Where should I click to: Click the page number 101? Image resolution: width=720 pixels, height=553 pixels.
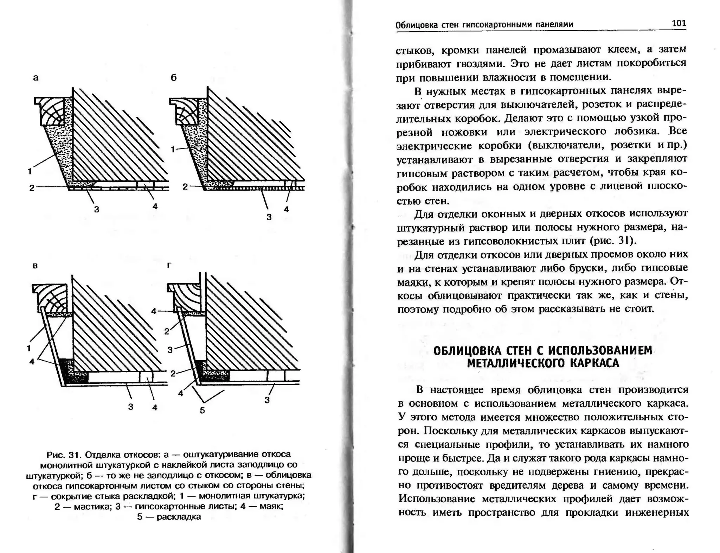pyautogui.click(x=679, y=23)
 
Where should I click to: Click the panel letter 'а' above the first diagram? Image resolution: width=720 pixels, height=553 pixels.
pyautogui.click(x=36, y=78)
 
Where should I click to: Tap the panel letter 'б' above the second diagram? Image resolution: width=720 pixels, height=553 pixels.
pyautogui.click(x=173, y=78)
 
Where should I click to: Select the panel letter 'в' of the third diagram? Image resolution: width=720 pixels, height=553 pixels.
pyautogui.click(x=35, y=266)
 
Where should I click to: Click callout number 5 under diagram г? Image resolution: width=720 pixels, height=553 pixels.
pyautogui.click(x=202, y=410)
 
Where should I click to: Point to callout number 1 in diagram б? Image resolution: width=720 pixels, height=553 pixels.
pyautogui.click(x=173, y=150)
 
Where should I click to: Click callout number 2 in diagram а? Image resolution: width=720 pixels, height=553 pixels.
pyautogui.click(x=32, y=188)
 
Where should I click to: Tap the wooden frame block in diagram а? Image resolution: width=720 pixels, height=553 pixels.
pyautogui.click(x=52, y=111)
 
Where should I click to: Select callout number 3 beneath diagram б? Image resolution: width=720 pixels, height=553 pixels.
pyautogui.click(x=269, y=217)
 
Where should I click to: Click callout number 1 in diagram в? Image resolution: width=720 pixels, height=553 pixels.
pyautogui.click(x=29, y=348)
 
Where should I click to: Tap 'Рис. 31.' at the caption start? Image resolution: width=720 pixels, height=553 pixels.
pyautogui.click(x=64, y=455)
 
